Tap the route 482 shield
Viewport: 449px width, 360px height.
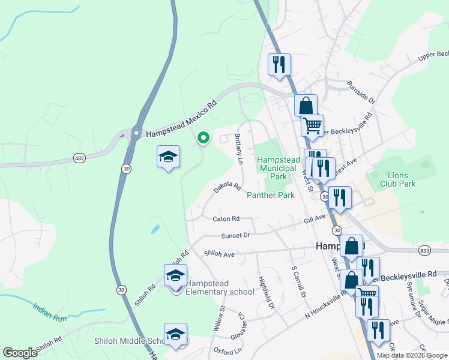click(79, 158)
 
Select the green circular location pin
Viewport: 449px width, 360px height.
click(203, 138)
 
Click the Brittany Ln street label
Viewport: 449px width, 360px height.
click(239, 149)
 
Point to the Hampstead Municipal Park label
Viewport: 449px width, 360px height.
click(276, 169)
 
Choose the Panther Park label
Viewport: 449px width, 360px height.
click(271, 196)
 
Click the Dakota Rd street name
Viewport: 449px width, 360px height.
click(227, 188)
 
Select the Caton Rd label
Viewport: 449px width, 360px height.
click(226, 219)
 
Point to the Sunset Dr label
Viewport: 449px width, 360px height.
click(235, 236)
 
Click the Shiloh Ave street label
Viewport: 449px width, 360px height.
click(220, 254)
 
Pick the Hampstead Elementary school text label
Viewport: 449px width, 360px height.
click(220, 288)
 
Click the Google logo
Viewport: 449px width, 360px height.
click(20, 353)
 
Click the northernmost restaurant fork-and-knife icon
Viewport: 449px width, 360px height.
click(279, 64)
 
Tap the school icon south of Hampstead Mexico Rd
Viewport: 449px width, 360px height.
click(168, 157)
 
